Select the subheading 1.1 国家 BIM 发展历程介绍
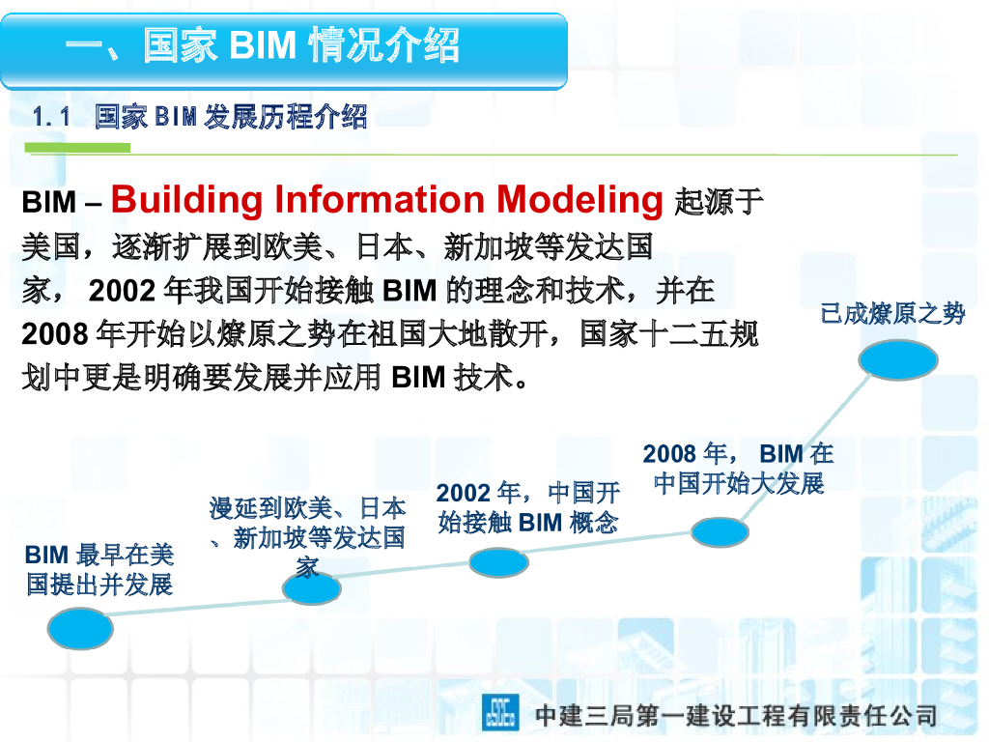200,118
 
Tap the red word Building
187,199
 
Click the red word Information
380,199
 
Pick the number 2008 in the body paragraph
55,334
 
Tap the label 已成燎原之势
892,313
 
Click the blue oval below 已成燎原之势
898,360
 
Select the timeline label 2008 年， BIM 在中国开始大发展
739,468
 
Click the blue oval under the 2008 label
720,531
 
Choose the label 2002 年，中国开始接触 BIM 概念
527,507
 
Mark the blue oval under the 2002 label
498,561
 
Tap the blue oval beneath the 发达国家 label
312,588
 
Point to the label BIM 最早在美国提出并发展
99,569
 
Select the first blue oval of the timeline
80,629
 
